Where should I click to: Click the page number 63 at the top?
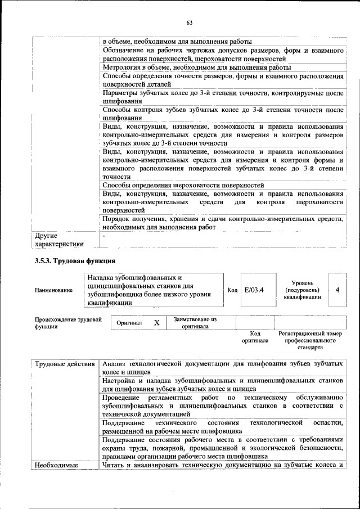click(189, 22)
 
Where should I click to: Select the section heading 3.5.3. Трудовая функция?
click(75, 260)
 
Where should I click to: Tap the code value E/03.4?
click(254, 290)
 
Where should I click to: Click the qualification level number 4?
click(336, 290)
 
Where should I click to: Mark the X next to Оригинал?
click(157, 323)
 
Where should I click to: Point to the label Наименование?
click(53, 290)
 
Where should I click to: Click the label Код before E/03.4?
click(232, 290)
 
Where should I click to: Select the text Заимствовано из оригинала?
click(195, 323)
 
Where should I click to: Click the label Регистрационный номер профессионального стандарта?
click(310, 340)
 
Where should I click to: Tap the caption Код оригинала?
click(255, 337)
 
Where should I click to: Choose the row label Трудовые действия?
click(65, 364)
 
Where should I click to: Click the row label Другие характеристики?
click(59, 240)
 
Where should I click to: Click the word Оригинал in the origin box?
click(129, 323)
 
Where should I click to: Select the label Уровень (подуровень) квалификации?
click(303, 290)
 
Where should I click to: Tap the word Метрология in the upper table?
click(123, 68)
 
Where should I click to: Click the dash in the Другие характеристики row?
click(104, 235)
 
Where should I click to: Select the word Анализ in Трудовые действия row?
click(115, 364)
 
